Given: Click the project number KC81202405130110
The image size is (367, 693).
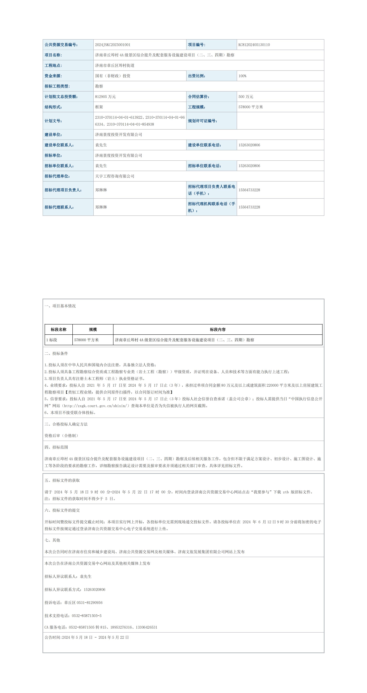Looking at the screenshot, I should click(x=254, y=45).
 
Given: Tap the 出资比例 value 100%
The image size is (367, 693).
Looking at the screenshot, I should click(x=242, y=76).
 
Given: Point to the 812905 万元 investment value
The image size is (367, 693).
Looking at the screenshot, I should click(x=105, y=97).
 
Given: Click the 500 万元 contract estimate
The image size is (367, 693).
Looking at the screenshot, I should click(x=246, y=97).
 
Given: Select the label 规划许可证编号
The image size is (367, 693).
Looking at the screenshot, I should click(x=203, y=121).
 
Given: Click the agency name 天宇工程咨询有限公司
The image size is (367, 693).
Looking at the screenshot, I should click(x=115, y=176).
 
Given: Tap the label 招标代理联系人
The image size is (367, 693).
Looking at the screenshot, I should click(x=59, y=207).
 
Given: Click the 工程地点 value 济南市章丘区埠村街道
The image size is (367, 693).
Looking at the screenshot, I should click(x=115, y=65).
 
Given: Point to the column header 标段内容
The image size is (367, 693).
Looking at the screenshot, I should click(x=218, y=330).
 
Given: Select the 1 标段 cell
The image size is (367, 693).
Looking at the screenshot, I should click(x=52, y=340).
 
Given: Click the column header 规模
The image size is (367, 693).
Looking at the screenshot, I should click(x=93, y=330).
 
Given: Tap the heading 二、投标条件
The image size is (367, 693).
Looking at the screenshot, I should click(x=56, y=353).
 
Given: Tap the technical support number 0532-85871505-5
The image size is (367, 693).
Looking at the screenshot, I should click(x=86, y=616).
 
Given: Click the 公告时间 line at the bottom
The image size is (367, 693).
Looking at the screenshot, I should click(x=86, y=637).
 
